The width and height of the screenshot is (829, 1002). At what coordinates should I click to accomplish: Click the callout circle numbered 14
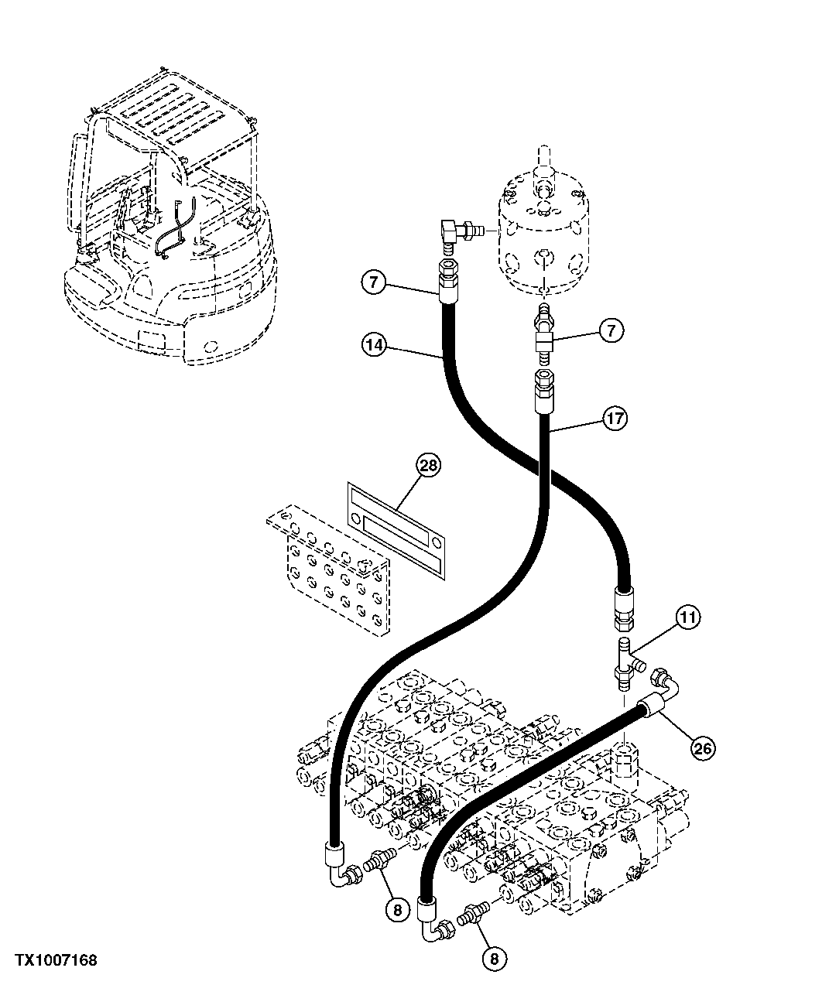[373, 345]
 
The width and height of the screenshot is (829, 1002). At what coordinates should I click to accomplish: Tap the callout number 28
[427, 465]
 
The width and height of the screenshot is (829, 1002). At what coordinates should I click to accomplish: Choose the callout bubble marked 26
[702, 747]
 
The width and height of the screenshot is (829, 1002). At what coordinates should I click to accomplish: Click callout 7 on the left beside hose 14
[373, 283]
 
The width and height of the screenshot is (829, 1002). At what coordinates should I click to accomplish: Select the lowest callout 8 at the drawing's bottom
[495, 958]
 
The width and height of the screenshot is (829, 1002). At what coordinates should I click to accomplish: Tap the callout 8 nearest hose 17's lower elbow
[396, 910]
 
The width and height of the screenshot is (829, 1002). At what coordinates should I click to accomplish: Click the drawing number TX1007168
[57, 960]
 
